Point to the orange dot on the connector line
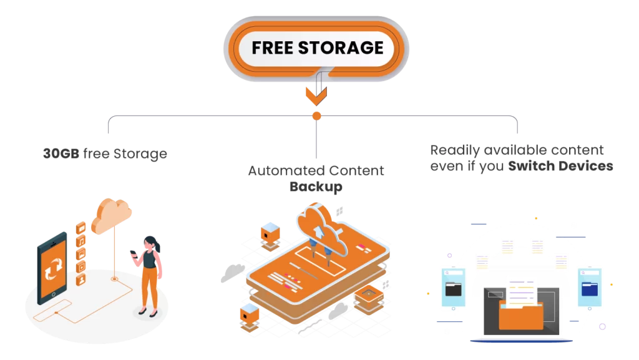[316, 115]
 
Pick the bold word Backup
[316, 187]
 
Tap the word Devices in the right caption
[585, 167]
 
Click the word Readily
[456, 150]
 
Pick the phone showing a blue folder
[589, 288]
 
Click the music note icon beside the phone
[81, 241]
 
